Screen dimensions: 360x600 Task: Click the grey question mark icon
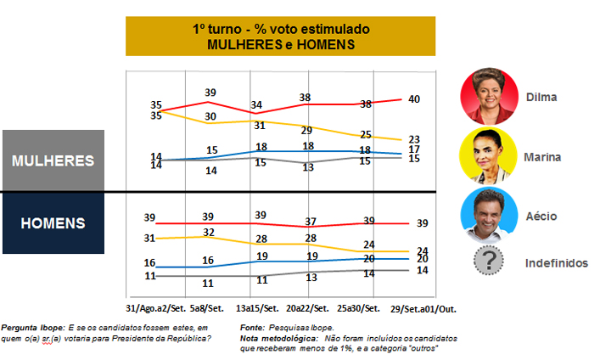click(x=489, y=262)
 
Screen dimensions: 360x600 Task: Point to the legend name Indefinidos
click(x=556, y=263)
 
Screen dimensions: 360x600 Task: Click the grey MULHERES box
click(x=53, y=160)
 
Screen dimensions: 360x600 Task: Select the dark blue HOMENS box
click(x=53, y=223)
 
